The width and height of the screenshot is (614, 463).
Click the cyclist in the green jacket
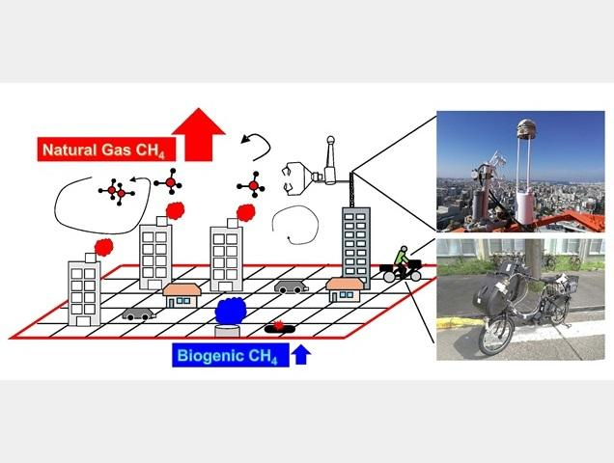(x=401, y=258)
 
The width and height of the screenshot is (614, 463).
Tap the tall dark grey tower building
(x=355, y=241)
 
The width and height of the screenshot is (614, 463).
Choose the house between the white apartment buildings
(x=181, y=293)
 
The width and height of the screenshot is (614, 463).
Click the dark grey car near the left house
(x=137, y=313)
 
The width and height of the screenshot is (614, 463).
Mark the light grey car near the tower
(x=291, y=286)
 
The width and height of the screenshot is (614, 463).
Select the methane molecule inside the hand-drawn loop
(x=115, y=193)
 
